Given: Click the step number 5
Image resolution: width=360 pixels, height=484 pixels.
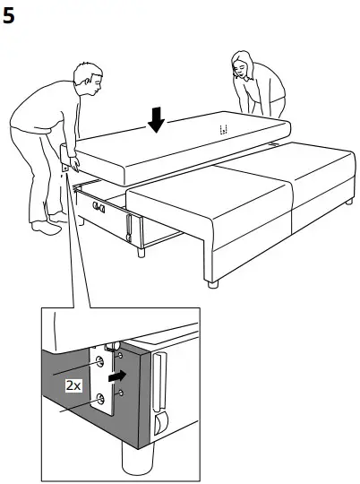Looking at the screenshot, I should (x=10, y=15).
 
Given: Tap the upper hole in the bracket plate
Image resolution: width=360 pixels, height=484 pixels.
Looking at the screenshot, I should (x=99, y=362).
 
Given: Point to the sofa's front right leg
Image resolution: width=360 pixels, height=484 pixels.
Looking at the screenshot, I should (x=212, y=286).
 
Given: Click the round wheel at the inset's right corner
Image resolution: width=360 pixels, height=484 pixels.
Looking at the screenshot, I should (x=161, y=424).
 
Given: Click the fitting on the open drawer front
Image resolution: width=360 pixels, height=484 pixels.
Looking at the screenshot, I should (x=97, y=210).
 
